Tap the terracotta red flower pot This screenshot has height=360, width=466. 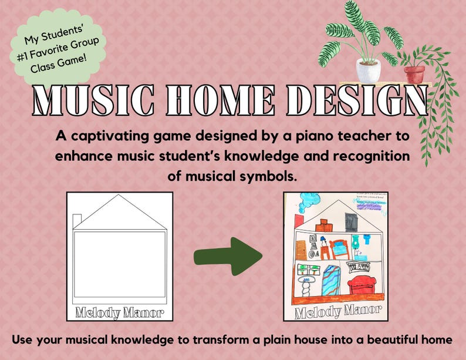(414, 73)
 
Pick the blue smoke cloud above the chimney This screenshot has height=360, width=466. (305, 203)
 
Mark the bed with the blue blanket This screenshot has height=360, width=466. (329, 253)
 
